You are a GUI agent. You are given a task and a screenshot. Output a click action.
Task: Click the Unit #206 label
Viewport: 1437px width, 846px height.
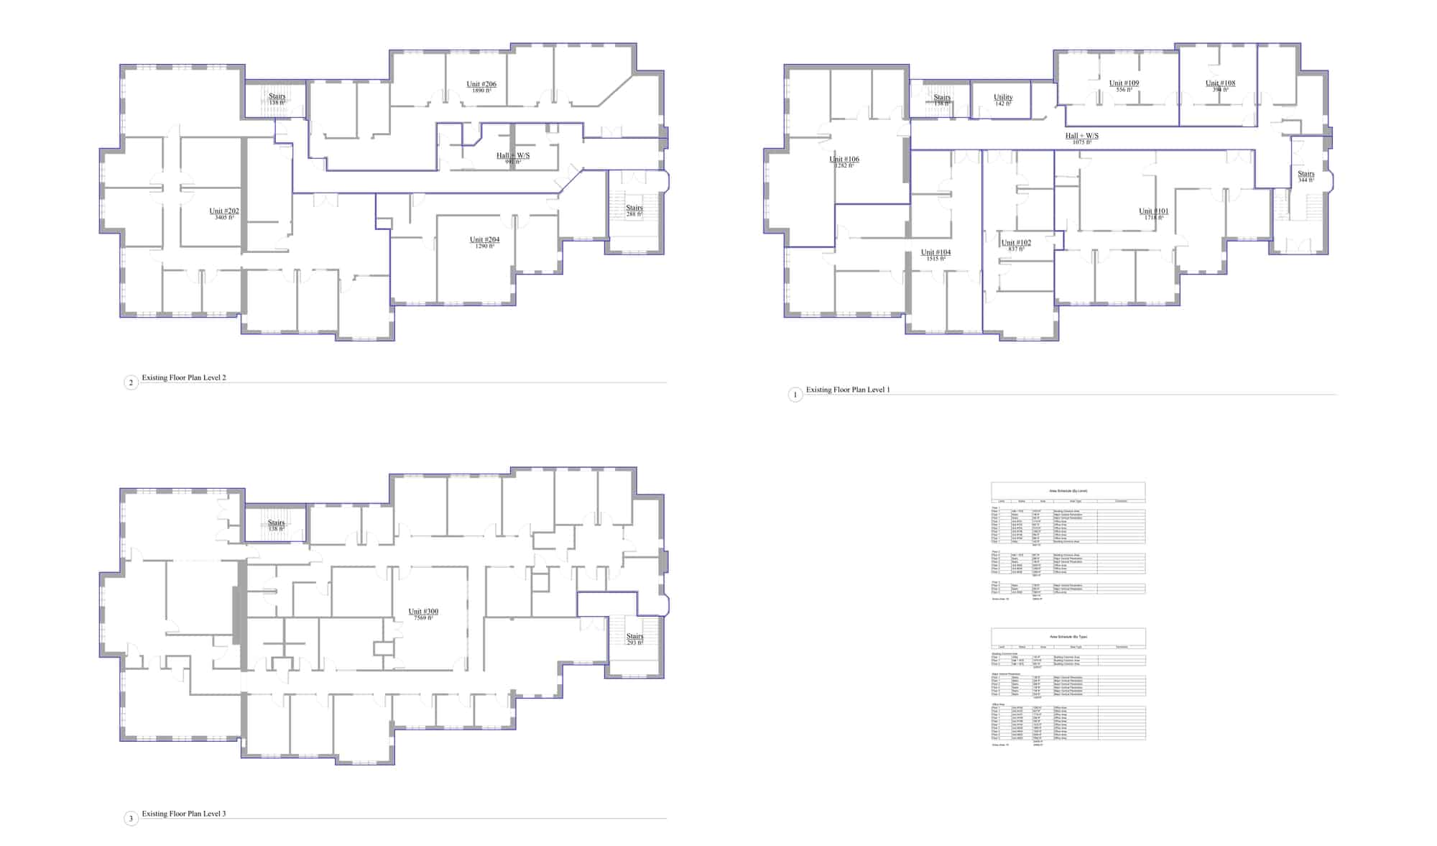pyautogui.click(x=481, y=85)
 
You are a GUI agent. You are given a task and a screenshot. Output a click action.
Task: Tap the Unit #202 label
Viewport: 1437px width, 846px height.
pyautogui.click(x=224, y=211)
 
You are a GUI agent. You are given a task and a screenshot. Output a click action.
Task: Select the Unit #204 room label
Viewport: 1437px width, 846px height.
pyautogui.click(x=484, y=240)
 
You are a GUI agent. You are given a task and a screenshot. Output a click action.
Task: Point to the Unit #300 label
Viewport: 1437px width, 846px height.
pyautogui.click(x=423, y=612)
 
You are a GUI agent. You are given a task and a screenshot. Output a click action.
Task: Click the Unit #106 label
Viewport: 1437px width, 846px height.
pyautogui.click(x=844, y=160)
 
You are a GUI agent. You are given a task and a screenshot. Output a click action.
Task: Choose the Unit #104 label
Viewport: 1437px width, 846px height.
pyautogui.click(x=935, y=252)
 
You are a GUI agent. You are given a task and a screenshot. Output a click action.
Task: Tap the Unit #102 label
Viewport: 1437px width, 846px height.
pyautogui.click(x=1016, y=243)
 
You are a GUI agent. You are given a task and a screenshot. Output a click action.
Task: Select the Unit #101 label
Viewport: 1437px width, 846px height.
pyautogui.click(x=1153, y=211)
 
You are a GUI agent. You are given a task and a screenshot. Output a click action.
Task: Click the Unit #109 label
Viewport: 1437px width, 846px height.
pyautogui.click(x=1124, y=83)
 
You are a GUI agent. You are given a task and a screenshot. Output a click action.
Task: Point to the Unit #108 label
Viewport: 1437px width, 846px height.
pyautogui.click(x=1220, y=83)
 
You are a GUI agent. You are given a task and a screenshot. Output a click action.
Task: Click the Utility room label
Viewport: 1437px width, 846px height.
pyautogui.click(x=1003, y=98)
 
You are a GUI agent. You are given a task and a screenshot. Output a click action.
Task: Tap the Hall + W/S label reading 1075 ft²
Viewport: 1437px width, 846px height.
pyautogui.click(x=1081, y=136)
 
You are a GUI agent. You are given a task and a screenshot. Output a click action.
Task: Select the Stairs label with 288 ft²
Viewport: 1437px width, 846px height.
pyautogui.click(x=634, y=208)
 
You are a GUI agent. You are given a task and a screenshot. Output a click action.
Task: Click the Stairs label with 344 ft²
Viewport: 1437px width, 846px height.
pyautogui.click(x=1306, y=174)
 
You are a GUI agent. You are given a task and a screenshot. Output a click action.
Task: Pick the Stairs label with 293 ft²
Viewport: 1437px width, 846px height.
pyautogui.click(x=634, y=637)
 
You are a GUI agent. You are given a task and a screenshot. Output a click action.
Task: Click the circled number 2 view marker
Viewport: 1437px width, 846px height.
pyautogui.click(x=131, y=382)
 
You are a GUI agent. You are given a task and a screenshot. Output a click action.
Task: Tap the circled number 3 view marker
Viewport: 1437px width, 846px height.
pyautogui.click(x=131, y=819)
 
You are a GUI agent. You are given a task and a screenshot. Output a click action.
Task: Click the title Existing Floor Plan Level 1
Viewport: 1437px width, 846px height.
pyautogui.click(x=847, y=390)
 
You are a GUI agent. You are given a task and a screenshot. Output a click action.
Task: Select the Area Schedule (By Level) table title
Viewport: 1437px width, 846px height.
pyautogui.click(x=1068, y=491)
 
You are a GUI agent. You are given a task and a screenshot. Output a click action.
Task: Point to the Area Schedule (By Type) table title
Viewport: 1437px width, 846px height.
pyautogui.click(x=1068, y=637)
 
